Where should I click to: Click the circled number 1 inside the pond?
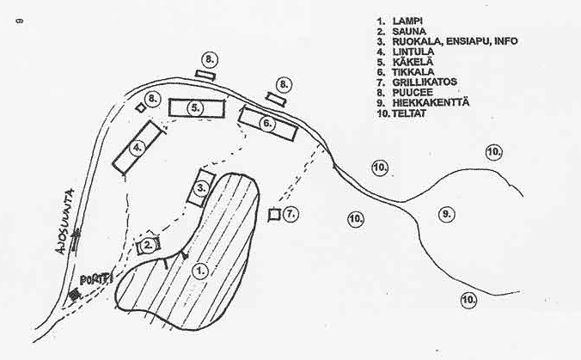coord(200,270)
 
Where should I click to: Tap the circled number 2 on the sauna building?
coord(149,245)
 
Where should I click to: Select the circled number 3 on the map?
coord(201,186)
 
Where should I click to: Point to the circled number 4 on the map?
coord(136,148)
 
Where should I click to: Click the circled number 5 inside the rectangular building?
coord(196,108)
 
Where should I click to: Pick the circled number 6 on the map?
coord(266,124)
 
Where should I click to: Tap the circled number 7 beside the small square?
coord(291,212)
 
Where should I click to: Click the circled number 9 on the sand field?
coord(444,213)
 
